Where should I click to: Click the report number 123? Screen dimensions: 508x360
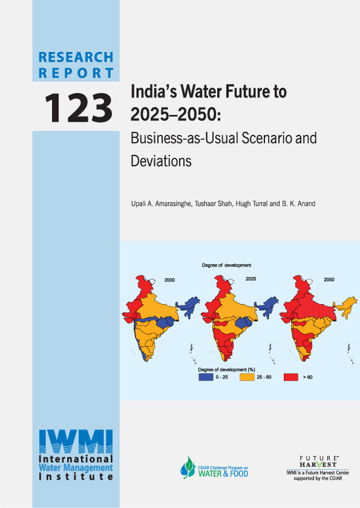tap(77, 106)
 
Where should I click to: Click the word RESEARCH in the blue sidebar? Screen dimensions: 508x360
tap(76, 57)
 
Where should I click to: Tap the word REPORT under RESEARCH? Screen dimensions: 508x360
tap(76, 73)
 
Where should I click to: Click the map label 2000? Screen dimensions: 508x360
tap(169, 281)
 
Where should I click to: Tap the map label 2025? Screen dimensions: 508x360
tap(250, 279)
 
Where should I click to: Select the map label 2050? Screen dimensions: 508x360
tap(329, 280)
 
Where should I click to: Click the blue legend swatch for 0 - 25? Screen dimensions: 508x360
tap(207, 377)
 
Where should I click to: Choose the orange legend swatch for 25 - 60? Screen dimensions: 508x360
tap(247, 377)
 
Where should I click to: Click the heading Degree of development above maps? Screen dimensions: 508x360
tap(226, 265)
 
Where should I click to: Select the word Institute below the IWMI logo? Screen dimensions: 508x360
tap(76, 477)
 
